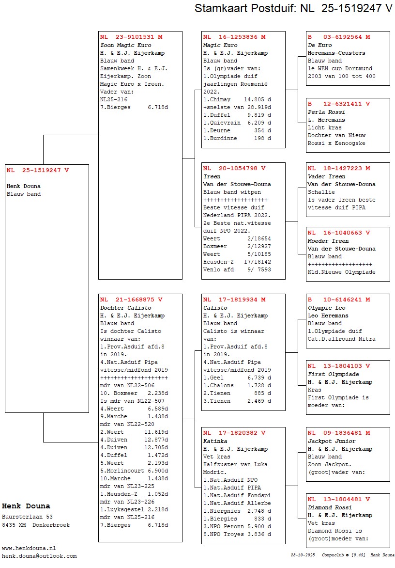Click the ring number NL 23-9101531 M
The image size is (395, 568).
point(131,37)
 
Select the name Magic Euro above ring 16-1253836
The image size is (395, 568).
point(220,45)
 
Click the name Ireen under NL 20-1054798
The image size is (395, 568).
point(212,176)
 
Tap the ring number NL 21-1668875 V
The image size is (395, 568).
point(131,300)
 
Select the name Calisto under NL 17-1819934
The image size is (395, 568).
point(215,308)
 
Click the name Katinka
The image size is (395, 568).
point(215,441)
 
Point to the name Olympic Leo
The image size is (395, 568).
point(326,308)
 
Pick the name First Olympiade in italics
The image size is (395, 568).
point(333,374)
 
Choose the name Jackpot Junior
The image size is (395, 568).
point(332,441)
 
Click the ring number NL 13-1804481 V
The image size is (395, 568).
point(339,499)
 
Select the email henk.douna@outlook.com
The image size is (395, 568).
point(39,556)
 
